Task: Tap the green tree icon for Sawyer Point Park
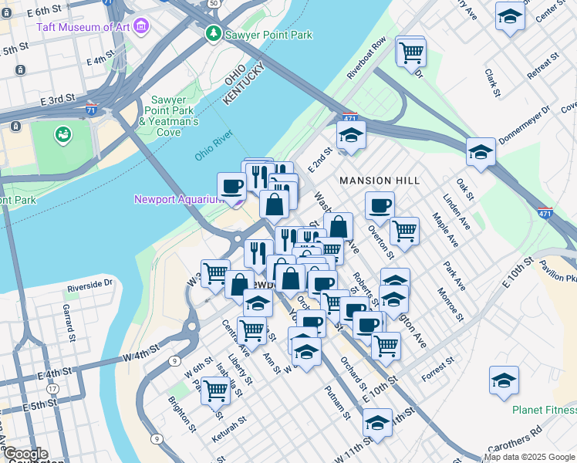tap(213, 35)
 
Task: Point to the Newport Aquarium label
tap(178, 199)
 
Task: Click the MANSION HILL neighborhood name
tap(380, 181)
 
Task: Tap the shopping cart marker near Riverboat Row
tap(411, 52)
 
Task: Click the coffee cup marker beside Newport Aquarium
tap(231, 186)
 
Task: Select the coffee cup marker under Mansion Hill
tap(380, 206)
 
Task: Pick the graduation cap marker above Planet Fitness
tap(504, 380)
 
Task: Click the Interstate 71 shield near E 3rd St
tap(92, 110)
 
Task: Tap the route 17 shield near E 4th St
tap(52, 390)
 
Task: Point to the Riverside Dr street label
tap(90, 284)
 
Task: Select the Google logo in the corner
tap(25, 454)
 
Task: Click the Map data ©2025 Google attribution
tap(530, 457)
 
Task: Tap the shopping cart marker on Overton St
tap(404, 230)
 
